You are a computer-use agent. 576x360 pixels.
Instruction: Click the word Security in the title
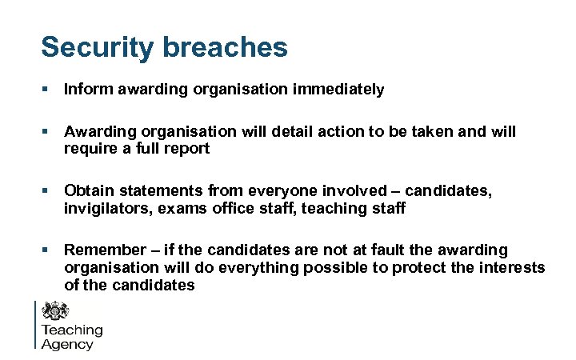pos(95,47)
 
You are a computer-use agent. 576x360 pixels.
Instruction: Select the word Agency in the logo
pos(67,345)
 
